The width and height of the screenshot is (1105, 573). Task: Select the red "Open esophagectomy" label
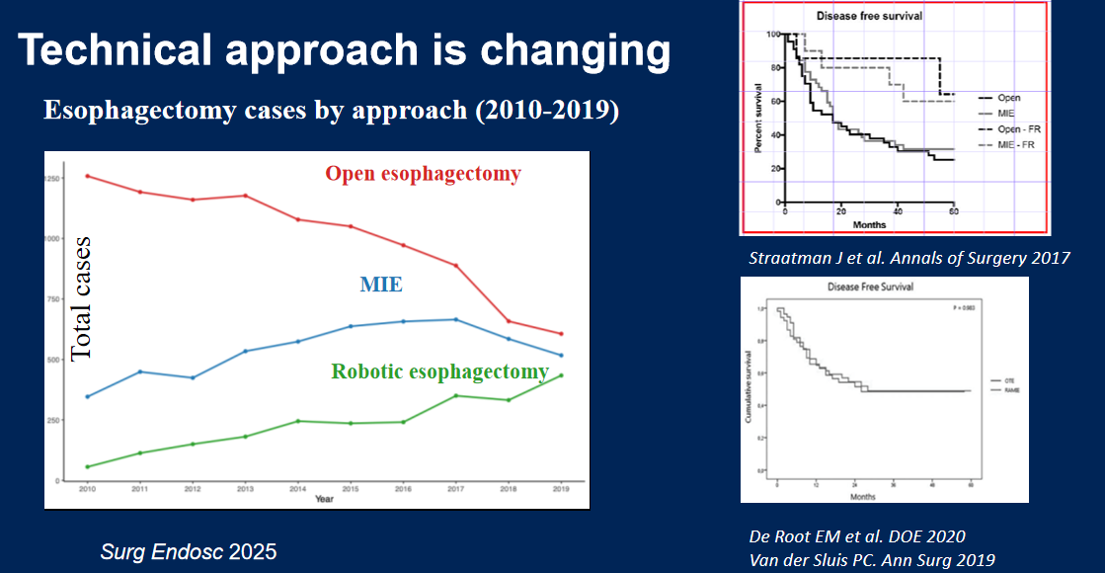click(x=423, y=175)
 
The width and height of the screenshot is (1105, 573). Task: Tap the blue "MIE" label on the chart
click(x=381, y=286)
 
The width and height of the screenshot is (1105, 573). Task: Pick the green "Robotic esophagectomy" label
click(x=439, y=372)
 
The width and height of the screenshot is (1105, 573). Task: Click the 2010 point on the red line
click(x=88, y=176)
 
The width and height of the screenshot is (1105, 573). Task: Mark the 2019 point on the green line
click(x=561, y=375)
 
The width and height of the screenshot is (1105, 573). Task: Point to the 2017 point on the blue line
click(x=456, y=319)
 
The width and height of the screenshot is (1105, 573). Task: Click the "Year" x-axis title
click(x=324, y=499)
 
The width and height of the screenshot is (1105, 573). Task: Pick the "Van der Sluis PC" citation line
click(x=870, y=559)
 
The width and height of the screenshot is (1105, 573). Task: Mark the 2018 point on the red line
click(x=509, y=321)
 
